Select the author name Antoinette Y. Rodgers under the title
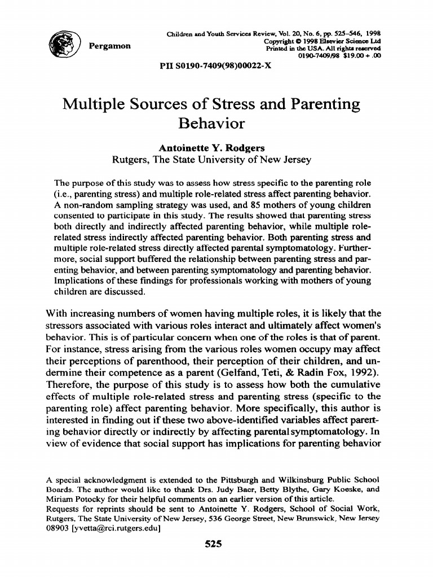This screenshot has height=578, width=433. click(x=211, y=148)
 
